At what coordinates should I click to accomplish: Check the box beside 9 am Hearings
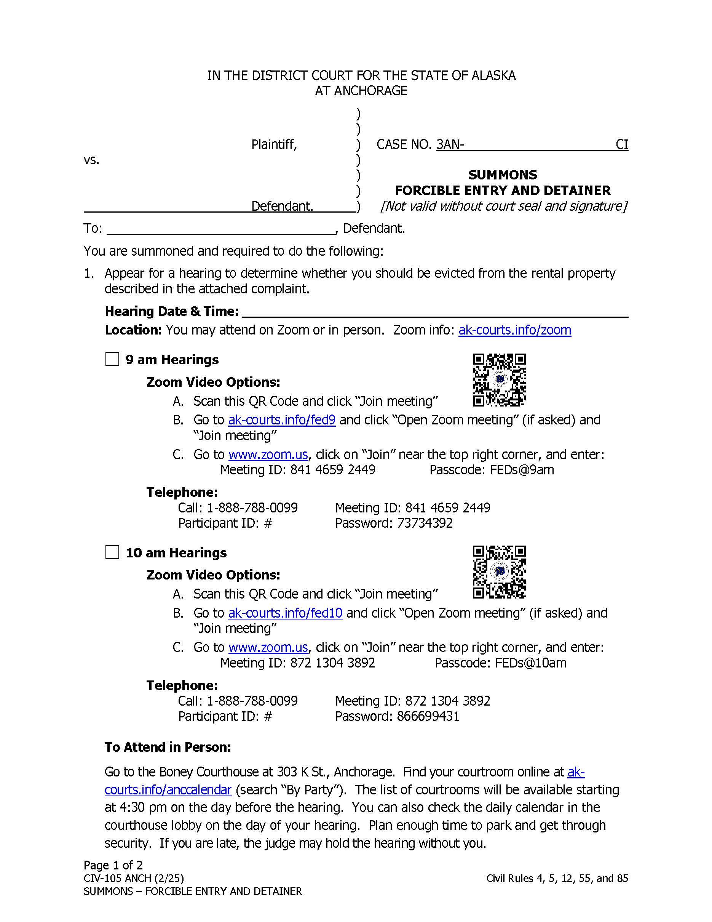tap(112, 359)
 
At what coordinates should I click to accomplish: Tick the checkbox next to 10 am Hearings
tap(112, 552)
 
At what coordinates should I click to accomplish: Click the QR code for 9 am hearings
tap(499, 380)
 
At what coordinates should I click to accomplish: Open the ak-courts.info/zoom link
tap(515, 330)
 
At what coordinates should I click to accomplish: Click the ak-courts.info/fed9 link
tap(282, 420)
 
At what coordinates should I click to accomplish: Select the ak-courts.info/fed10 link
tap(285, 613)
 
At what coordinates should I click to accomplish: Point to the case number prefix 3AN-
tap(450, 145)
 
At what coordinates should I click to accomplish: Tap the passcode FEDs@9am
tap(522, 470)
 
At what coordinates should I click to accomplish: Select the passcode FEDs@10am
tap(531, 663)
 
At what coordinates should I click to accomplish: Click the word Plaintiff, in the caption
tap(274, 145)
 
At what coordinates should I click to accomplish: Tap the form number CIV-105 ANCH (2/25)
tap(134, 878)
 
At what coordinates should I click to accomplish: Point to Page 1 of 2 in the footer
tap(113, 865)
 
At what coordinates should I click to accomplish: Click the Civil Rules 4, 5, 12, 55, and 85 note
tap(557, 878)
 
